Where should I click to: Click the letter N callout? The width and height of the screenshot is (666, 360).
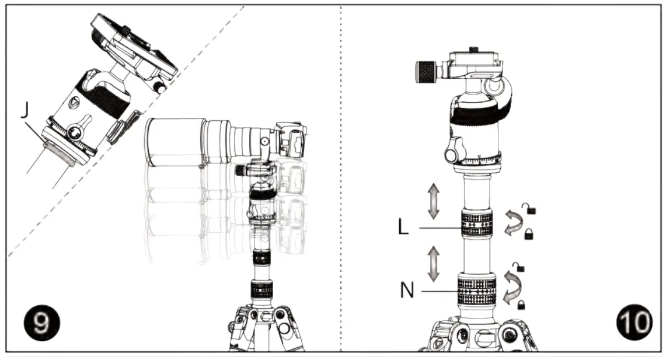[x=407, y=290]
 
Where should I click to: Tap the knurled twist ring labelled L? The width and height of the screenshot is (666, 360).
[x=477, y=224]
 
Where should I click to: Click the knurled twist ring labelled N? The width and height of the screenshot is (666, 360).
[x=477, y=288]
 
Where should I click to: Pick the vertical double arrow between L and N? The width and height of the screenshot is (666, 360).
[x=433, y=263]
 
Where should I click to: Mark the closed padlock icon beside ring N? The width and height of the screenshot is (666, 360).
[x=520, y=304]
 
